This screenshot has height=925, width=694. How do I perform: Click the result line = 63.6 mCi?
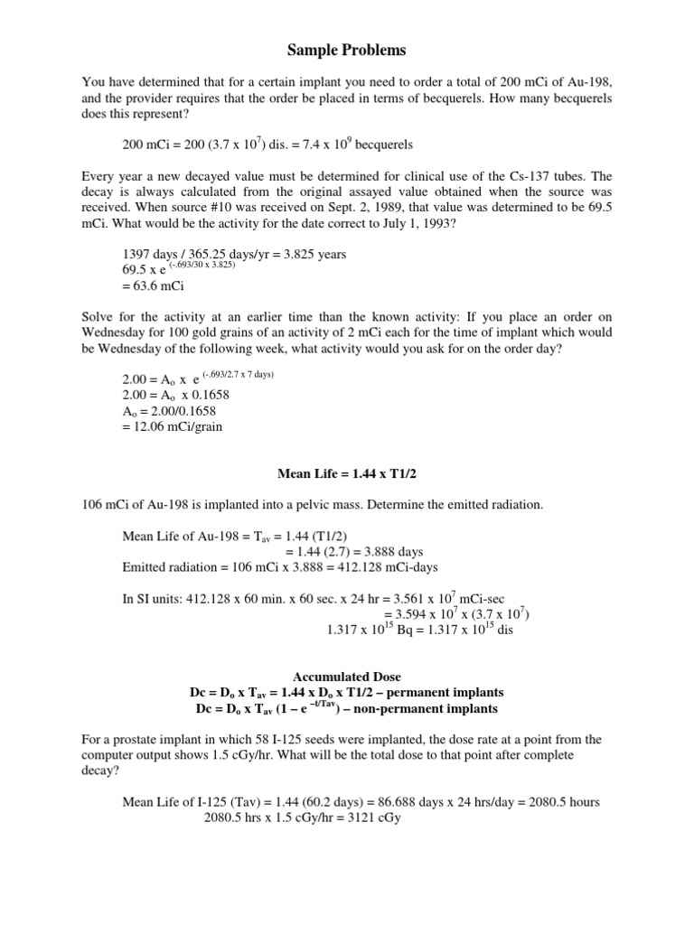tap(153, 286)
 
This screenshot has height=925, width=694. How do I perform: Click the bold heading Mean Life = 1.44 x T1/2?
tap(346, 472)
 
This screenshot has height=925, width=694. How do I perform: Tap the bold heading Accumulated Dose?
tap(346, 677)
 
